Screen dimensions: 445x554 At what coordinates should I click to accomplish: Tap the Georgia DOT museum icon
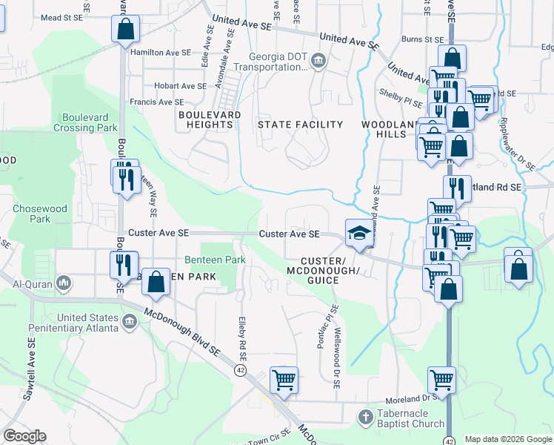pos(318,60)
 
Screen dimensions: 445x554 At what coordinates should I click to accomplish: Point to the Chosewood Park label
pos(31,214)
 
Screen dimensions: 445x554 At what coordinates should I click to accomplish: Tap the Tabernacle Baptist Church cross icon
pos(364,417)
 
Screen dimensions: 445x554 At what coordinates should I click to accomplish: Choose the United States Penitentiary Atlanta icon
pos(130,321)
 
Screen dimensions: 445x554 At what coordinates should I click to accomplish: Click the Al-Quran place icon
pos(64,283)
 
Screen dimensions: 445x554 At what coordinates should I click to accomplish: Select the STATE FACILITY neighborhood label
pos(300,125)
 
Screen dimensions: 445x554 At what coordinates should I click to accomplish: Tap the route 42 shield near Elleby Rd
pos(240,369)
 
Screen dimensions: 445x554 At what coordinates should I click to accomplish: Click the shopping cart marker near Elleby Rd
pos(284,380)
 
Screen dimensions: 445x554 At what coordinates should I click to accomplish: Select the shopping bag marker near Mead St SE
pos(125,30)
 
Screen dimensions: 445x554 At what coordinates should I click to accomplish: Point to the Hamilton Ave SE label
pos(160,53)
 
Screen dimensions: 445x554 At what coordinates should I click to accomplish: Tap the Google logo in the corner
pos(24,436)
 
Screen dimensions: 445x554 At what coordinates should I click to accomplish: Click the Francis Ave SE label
pos(156,102)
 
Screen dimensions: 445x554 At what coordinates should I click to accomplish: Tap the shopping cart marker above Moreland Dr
pos(441,380)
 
